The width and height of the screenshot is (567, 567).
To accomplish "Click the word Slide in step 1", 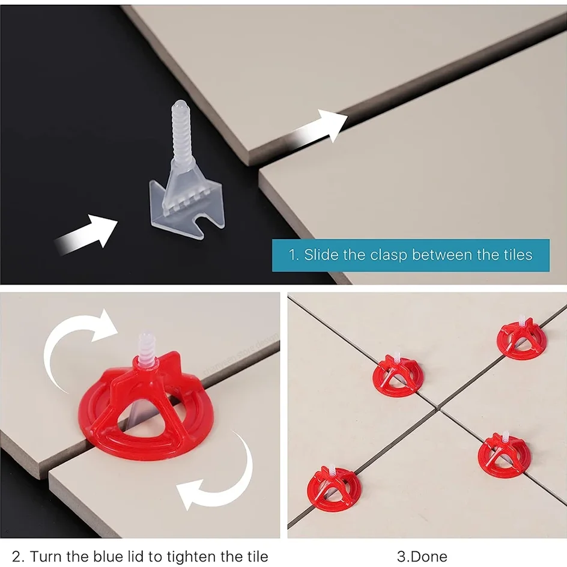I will (321, 255).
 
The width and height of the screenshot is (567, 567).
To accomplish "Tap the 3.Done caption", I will (422, 556).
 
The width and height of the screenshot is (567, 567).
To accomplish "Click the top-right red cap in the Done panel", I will (521, 340).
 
